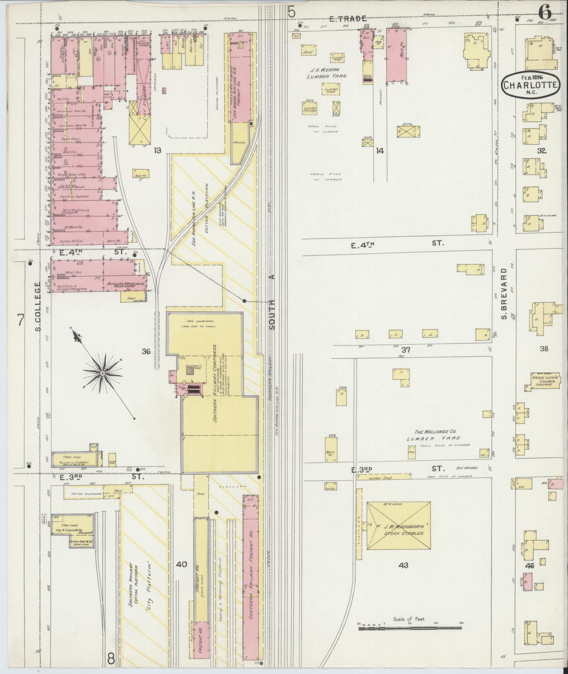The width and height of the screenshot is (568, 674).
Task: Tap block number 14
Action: click(379, 151)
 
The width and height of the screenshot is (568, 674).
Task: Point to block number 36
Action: click(146, 351)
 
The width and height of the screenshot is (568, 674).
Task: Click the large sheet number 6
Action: click(544, 13)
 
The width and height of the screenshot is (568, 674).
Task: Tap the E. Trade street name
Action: click(348, 19)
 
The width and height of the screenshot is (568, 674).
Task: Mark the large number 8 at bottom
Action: click(111, 658)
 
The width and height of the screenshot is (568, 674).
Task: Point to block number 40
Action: click(181, 564)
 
